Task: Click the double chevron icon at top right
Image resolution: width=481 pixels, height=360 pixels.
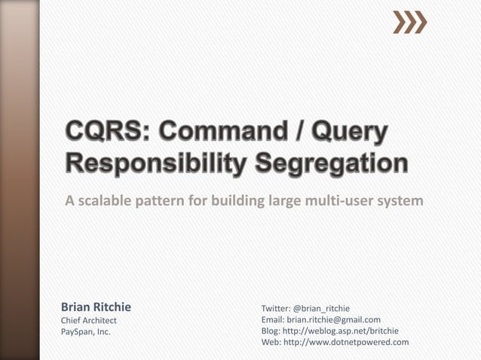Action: pos(410,23)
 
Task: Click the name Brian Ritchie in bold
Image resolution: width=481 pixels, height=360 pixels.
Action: pos(96,307)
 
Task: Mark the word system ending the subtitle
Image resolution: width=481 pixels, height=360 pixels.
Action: pos(400,202)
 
